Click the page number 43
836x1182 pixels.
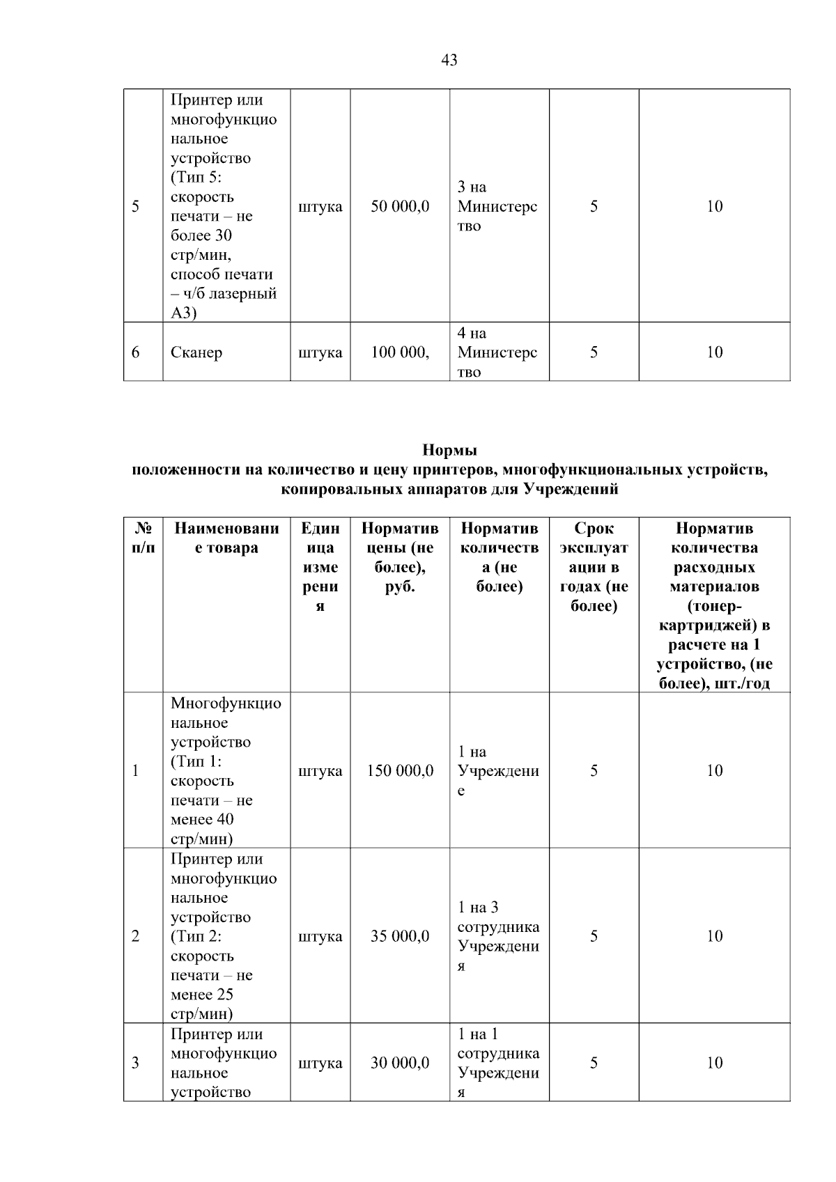coord(449,61)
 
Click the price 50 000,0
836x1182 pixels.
coord(400,206)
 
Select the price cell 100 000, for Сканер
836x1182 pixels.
coord(400,352)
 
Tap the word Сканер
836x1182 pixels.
coord(196,352)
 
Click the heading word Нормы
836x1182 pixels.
coord(449,450)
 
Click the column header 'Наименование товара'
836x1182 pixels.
coord(226,538)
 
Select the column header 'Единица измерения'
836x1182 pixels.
coord(320,567)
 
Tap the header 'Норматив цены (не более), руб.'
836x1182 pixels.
coord(400,557)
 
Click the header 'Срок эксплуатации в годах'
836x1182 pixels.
coord(594,567)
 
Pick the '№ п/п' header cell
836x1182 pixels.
coord(143,538)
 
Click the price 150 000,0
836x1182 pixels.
coord(400,770)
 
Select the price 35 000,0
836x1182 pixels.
coord(400,936)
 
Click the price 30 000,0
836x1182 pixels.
coord(400,1063)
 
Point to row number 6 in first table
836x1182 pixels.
coord(135,352)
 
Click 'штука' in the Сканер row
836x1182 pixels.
coord(320,352)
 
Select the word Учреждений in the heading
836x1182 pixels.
coord(571,489)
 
